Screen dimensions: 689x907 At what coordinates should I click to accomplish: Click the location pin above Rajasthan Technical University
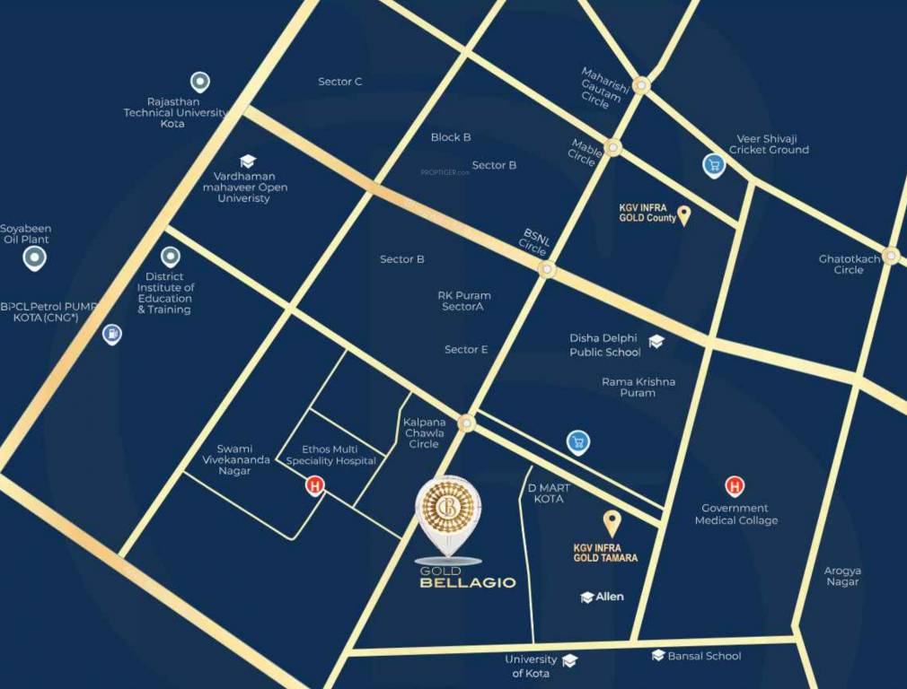(x=199, y=83)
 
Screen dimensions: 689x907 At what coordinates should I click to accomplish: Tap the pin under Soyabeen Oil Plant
(x=34, y=259)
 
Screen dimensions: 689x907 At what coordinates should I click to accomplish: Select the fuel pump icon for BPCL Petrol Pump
(x=111, y=335)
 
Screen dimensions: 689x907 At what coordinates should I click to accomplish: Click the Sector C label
(x=340, y=82)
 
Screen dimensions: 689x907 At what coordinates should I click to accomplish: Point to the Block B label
(x=451, y=137)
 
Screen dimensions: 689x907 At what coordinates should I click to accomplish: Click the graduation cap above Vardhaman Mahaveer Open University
(x=247, y=161)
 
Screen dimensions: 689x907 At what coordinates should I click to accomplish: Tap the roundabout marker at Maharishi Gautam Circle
(x=640, y=85)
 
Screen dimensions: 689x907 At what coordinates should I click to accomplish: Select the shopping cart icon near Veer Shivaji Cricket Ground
(x=713, y=165)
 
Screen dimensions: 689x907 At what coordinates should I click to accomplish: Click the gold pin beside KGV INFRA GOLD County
(x=683, y=214)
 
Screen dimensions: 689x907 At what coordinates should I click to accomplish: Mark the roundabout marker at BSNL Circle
(x=546, y=269)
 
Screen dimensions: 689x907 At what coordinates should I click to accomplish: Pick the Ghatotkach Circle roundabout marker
(x=890, y=255)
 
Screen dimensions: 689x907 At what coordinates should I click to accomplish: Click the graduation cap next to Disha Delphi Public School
(x=656, y=342)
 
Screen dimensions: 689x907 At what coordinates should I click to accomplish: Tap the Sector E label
(x=466, y=349)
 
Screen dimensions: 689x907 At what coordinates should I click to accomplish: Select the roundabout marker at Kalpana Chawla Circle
(x=466, y=423)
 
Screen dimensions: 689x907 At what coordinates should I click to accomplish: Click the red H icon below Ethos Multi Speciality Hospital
(x=314, y=486)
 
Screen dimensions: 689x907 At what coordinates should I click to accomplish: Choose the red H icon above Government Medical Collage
(x=735, y=486)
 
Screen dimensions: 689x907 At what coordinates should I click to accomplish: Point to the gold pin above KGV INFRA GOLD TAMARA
(x=612, y=522)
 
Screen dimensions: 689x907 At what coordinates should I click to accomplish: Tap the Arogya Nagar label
(x=842, y=576)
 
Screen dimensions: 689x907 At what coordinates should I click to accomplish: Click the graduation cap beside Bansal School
(x=658, y=656)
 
